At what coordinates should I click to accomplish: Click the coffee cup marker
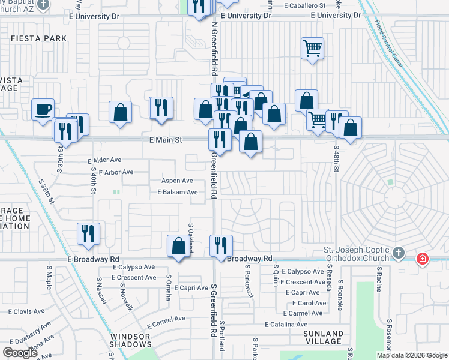click(x=43, y=110)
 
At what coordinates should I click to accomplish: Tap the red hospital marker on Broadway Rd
click(x=423, y=259)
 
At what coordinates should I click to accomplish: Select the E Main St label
click(x=165, y=139)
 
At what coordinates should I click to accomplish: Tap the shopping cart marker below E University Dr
click(x=312, y=49)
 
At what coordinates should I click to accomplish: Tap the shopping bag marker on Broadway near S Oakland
click(x=179, y=246)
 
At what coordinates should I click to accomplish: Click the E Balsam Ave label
click(x=178, y=193)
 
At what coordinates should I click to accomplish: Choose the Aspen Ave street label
click(x=177, y=181)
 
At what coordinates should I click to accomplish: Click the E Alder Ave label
click(x=104, y=161)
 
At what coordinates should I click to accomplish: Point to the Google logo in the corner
click(x=20, y=353)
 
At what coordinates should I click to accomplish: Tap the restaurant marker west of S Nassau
click(x=89, y=234)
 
